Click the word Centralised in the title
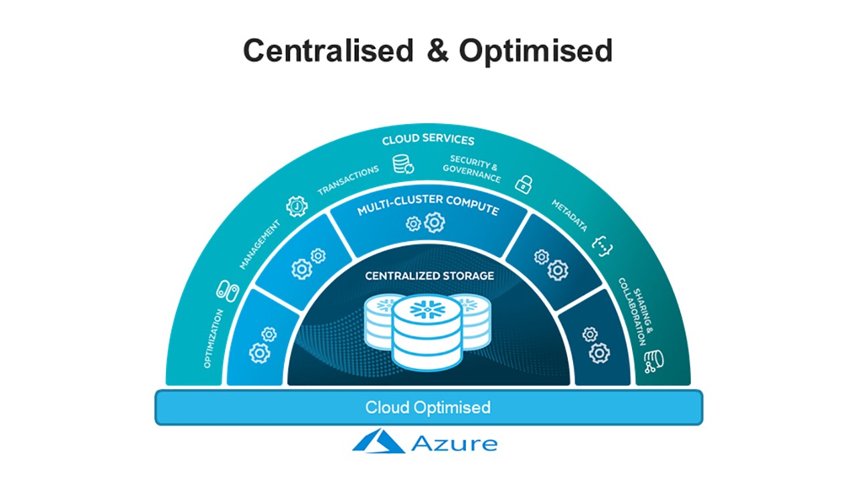coord(328,51)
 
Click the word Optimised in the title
coord(536,51)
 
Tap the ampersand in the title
coord(437,51)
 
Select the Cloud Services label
coord(428,141)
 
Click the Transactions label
coord(348,181)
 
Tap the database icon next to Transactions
coord(403,164)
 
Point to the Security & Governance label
coord(472,169)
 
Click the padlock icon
coord(523,183)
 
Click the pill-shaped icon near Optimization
coord(227,291)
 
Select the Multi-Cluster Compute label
coord(428,208)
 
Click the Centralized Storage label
coord(429,275)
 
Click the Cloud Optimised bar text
coord(428,407)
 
